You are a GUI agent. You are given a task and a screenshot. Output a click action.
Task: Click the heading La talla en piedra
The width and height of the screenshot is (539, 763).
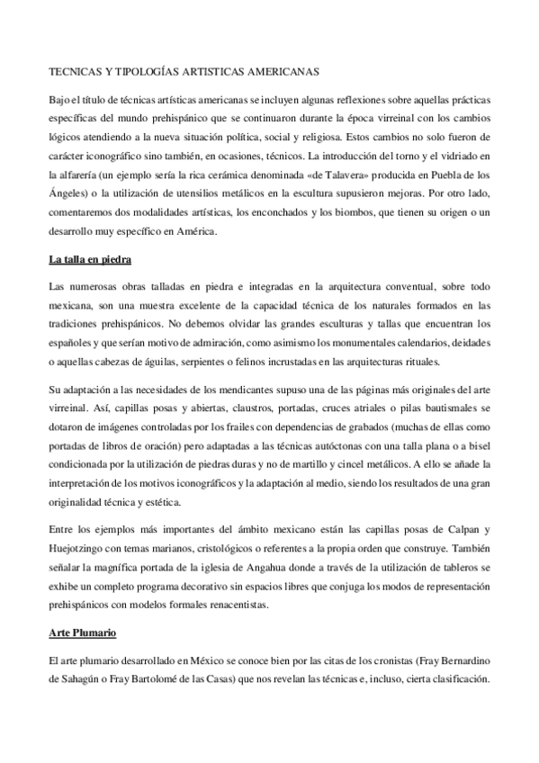(x=90, y=261)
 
